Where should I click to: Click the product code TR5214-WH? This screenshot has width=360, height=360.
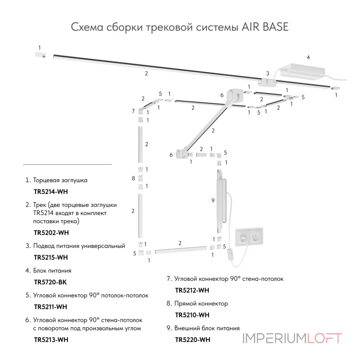pos(51,191)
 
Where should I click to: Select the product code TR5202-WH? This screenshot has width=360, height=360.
pos(51,233)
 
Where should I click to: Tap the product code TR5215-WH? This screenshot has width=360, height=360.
pos(51,257)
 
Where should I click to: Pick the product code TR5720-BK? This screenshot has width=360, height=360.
pos(50,282)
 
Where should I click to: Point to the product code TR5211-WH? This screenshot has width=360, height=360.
pos(50,307)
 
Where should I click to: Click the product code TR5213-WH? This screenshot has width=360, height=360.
pos(51,340)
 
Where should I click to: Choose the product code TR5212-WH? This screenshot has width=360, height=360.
pos(192,290)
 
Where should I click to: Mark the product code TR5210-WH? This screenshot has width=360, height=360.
pos(192,315)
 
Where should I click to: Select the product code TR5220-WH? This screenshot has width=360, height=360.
pos(192,340)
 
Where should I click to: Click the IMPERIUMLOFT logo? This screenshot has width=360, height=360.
pos(292,338)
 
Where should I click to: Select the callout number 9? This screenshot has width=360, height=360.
pos(213,201)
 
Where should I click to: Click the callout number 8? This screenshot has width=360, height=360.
pos(133,179)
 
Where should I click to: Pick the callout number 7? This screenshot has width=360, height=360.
pos(133,111)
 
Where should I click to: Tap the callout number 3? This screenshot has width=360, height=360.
pos(267,73)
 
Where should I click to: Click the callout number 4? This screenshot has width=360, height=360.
pos(308,57)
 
